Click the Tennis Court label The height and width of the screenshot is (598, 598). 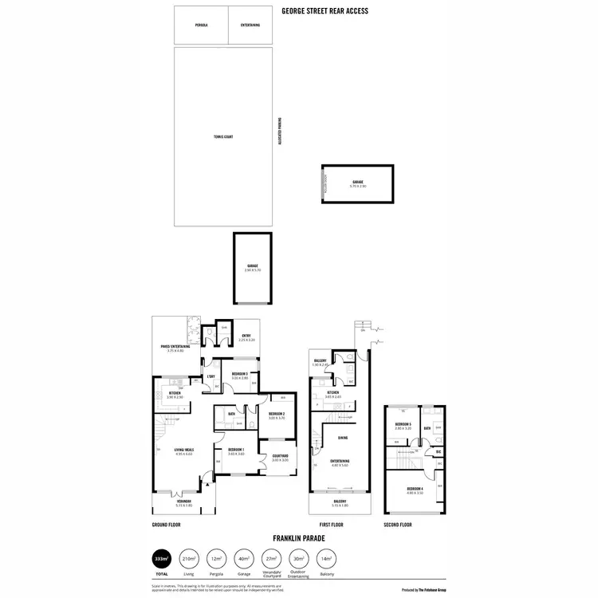222,137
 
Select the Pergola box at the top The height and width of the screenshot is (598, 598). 201,26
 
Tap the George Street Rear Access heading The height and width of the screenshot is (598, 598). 324,12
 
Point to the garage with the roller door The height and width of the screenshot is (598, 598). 358,184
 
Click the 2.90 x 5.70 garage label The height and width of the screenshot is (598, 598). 252,269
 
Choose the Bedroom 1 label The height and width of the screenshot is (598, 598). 236,452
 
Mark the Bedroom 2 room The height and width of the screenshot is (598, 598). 277,415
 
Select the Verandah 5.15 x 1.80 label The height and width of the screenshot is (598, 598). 184,503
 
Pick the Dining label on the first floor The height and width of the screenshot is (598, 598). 341,438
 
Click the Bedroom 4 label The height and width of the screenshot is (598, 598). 414,490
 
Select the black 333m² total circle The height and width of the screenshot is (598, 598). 162,559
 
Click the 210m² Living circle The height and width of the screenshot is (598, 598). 190,559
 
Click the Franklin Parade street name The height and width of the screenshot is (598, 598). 298,538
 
